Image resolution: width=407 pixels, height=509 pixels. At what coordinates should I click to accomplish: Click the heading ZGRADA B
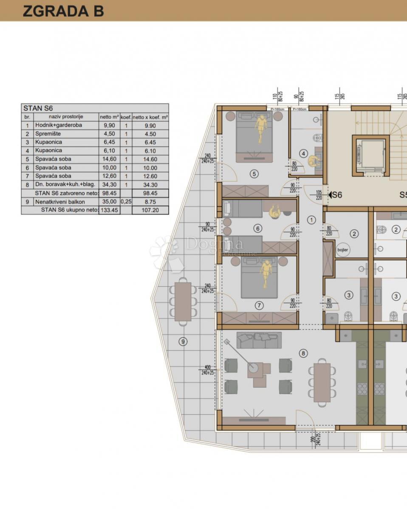(x=63, y=11)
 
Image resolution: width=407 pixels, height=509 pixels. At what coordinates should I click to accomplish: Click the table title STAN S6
(x=38, y=108)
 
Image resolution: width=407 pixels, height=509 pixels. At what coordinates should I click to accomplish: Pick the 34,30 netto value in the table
(x=109, y=185)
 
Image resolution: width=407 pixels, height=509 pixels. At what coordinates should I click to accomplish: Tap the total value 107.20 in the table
(x=150, y=210)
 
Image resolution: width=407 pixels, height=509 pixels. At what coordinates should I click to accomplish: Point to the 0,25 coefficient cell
(x=126, y=201)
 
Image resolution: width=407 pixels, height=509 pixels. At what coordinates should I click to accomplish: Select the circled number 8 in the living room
(x=303, y=353)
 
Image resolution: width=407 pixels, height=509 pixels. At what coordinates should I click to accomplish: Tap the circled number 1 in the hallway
(x=311, y=220)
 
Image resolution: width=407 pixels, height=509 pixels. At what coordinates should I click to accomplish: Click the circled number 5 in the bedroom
(x=254, y=173)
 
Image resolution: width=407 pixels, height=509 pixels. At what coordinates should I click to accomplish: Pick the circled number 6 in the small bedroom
(x=257, y=229)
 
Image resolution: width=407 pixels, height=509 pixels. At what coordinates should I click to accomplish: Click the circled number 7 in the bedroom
(x=260, y=305)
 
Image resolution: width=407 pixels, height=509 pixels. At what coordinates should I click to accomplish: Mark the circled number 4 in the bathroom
(x=303, y=154)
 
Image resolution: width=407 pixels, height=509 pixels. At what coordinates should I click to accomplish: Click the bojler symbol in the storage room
(x=342, y=250)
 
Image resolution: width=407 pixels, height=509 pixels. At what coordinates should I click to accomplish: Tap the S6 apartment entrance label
(x=336, y=195)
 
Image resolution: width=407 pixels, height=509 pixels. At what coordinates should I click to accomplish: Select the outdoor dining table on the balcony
(x=183, y=301)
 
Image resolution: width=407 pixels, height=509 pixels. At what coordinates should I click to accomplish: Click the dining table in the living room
(x=322, y=382)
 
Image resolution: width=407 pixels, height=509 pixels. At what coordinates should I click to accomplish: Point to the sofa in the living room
(x=259, y=340)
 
